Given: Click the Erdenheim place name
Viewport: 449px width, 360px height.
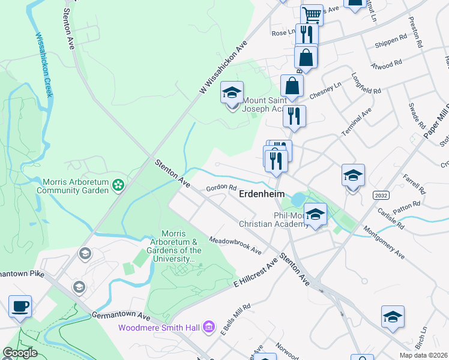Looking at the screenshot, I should click(x=262, y=194).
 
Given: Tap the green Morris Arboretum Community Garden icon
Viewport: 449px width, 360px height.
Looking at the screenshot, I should click(x=119, y=185).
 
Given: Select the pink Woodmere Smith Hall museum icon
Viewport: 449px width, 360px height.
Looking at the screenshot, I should click(x=208, y=327).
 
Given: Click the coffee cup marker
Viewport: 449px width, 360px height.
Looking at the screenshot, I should click(x=20, y=306).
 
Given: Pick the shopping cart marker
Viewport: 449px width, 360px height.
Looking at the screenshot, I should click(x=312, y=14).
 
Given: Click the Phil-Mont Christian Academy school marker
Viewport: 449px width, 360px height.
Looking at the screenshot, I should click(x=315, y=214).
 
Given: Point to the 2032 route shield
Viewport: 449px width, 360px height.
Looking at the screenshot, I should click(x=380, y=195).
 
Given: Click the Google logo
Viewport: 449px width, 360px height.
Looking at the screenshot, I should click(x=20, y=353).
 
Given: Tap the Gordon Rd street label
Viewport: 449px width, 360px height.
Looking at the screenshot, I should click(x=218, y=188).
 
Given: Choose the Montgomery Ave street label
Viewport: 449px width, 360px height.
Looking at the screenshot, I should click(x=384, y=242).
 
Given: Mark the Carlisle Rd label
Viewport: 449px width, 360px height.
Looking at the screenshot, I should click(x=391, y=217).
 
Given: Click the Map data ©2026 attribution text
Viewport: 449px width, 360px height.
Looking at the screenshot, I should click(x=423, y=355).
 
